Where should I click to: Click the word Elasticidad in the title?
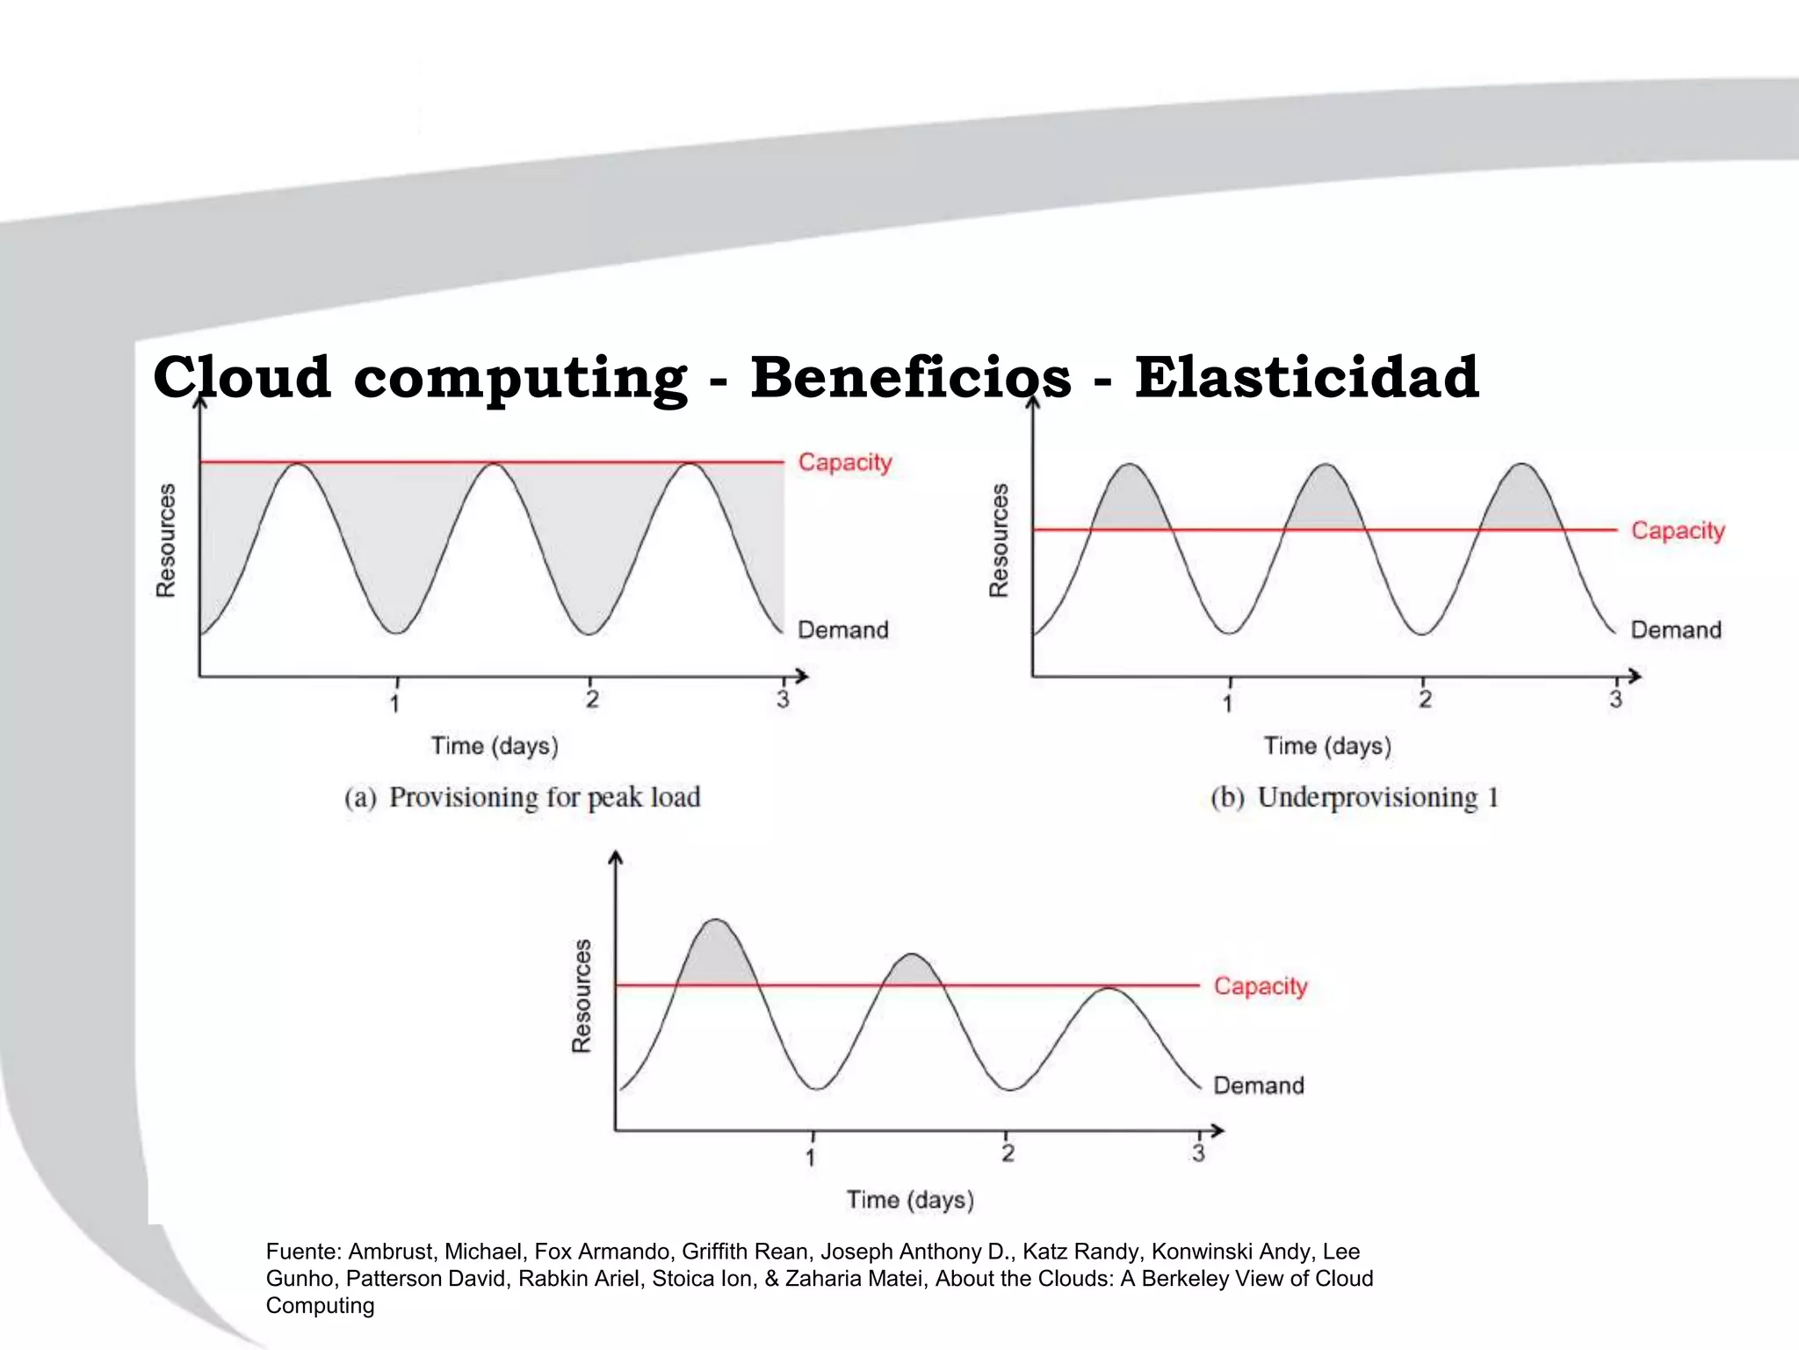coord(1306,377)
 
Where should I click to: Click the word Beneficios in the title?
coord(910,377)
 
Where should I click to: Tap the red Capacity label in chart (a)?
coord(844,462)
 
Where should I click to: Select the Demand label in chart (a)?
coord(842,630)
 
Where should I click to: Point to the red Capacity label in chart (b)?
coord(1678,531)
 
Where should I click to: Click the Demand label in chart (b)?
coord(1675,630)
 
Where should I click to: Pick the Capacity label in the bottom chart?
coord(1260,986)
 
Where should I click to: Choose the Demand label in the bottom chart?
coord(1258,1085)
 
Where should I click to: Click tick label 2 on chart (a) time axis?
coord(592,700)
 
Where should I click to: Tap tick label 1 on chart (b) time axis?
coord(1227,703)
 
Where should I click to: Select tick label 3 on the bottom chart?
coord(1198,1153)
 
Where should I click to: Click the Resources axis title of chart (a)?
coord(166,541)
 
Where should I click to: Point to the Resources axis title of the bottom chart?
coord(582,996)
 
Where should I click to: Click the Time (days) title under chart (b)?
coord(1327,746)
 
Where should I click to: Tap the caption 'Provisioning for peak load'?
coord(544,797)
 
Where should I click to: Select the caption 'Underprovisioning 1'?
coord(1376,797)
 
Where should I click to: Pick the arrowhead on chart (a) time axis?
coord(801,676)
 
